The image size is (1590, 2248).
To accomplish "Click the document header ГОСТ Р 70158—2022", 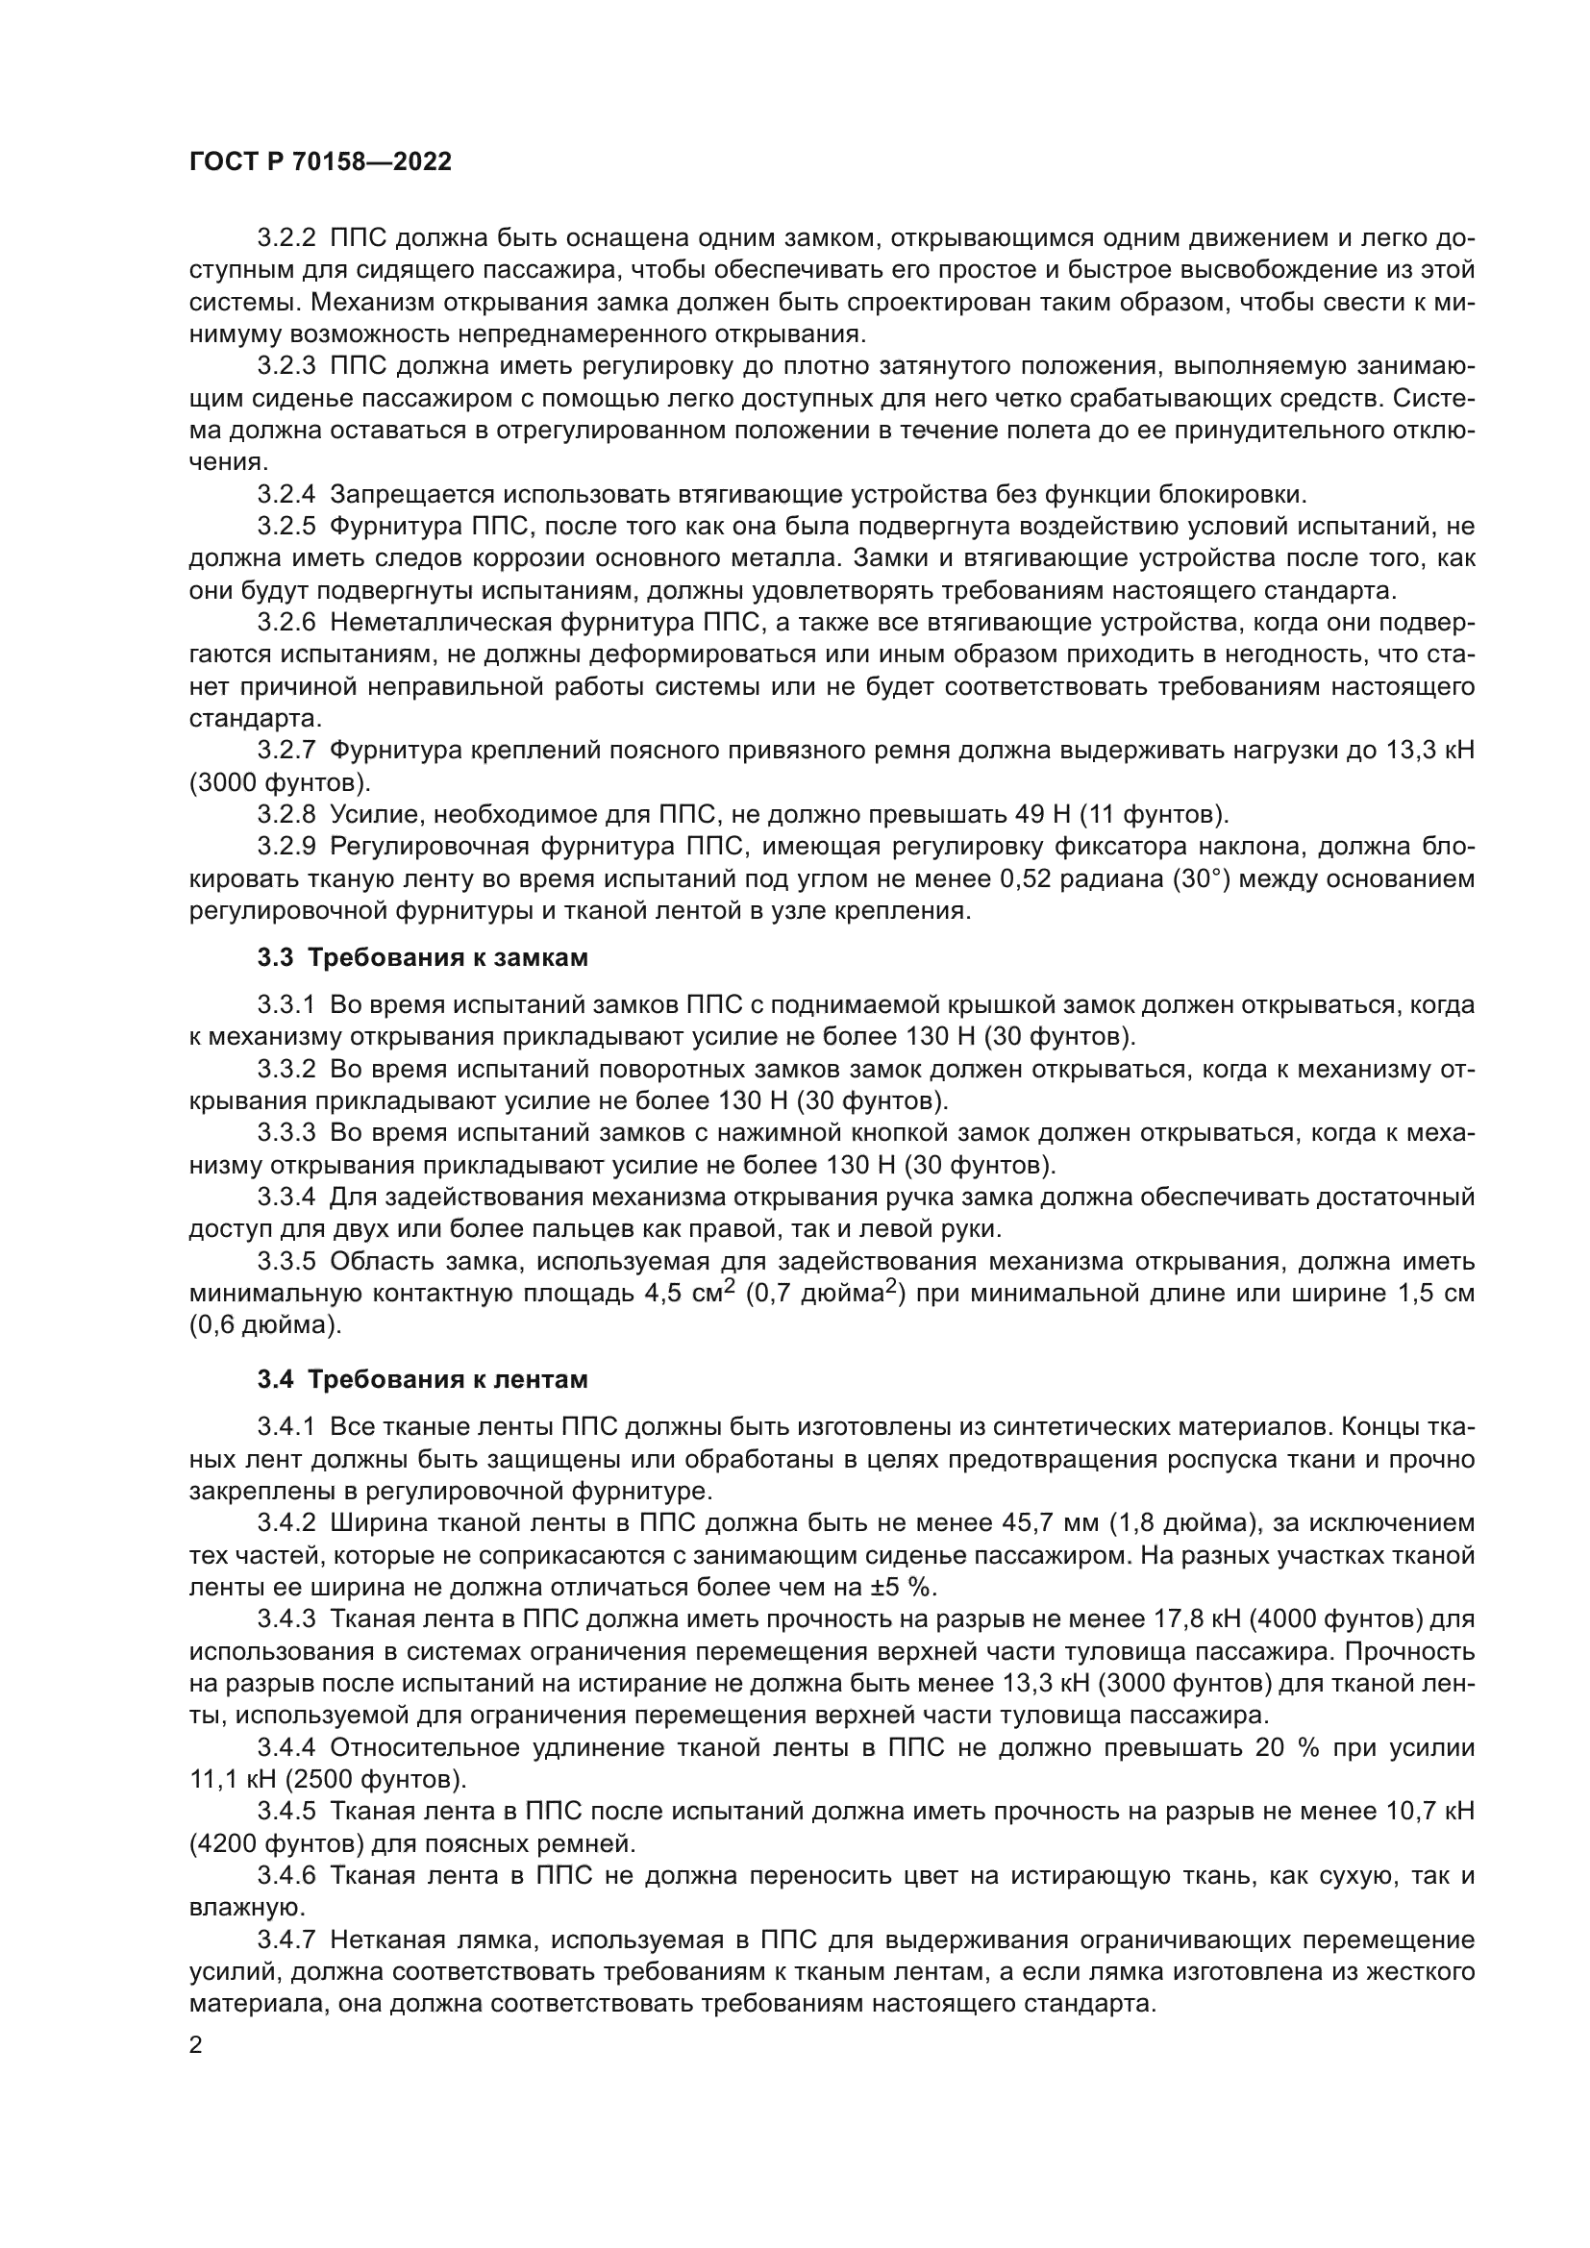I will point(320,162).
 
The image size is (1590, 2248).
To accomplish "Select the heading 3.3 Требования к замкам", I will point(423,957).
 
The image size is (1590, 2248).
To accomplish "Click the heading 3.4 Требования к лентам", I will point(423,1379).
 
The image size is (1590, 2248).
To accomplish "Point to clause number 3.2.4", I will point(286,494).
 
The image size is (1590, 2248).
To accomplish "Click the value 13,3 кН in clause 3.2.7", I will point(1429,751).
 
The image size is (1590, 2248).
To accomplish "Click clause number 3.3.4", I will point(286,1197).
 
